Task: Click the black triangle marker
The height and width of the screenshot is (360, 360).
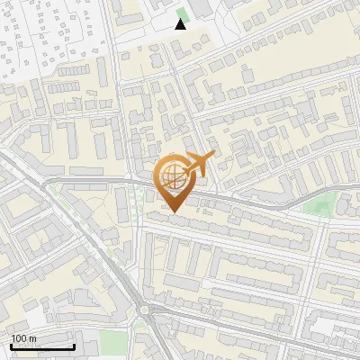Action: pos(181,24)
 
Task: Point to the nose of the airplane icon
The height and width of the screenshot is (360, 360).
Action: pos(211,156)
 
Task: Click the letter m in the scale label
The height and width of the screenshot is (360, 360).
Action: pos(33,338)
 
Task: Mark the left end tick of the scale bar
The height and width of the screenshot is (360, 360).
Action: pos(11,345)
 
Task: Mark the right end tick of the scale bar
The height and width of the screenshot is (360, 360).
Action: pos(74,345)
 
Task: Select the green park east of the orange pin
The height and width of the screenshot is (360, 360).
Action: pos(316,204)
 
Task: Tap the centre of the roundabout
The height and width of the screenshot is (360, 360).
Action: pos(144,311)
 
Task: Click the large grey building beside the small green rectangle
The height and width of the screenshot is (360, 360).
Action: pos(201,8)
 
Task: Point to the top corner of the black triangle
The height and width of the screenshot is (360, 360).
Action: pos(181,19)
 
